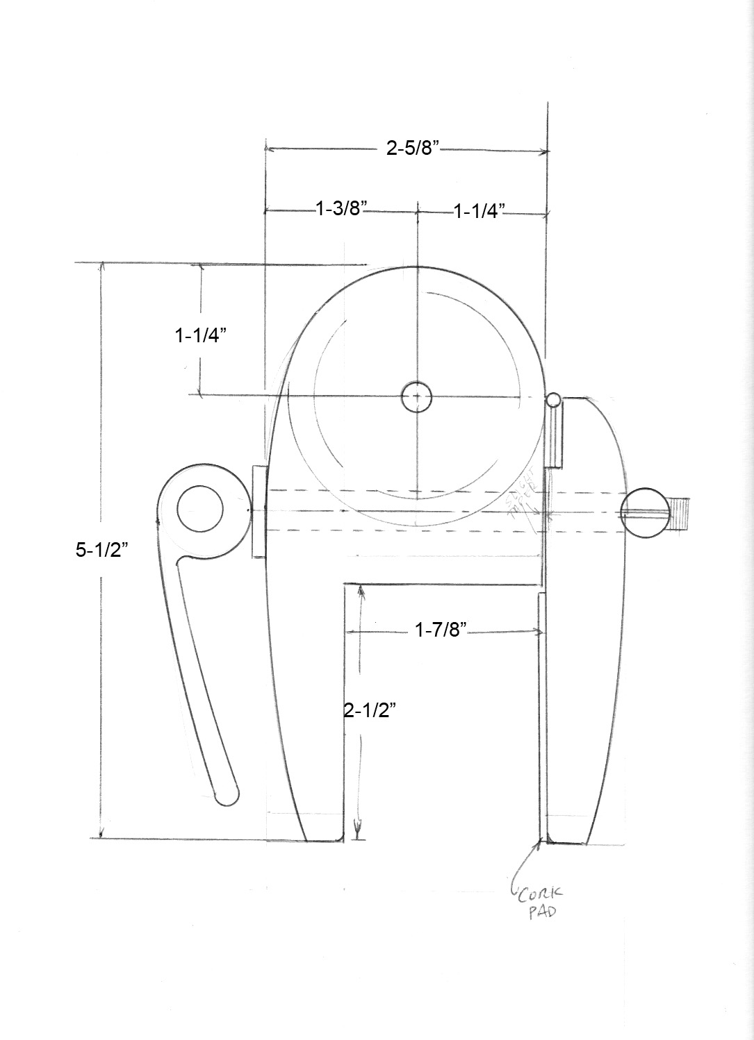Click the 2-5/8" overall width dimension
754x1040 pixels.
[414, 148]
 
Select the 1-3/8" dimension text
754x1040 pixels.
[341, 208]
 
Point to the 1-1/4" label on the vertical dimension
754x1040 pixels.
[202, 335]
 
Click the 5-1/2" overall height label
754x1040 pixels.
[101, 551]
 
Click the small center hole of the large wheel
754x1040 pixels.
[416, 397]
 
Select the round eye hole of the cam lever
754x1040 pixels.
[200, 510]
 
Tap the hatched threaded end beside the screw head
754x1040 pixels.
[680, 514]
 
